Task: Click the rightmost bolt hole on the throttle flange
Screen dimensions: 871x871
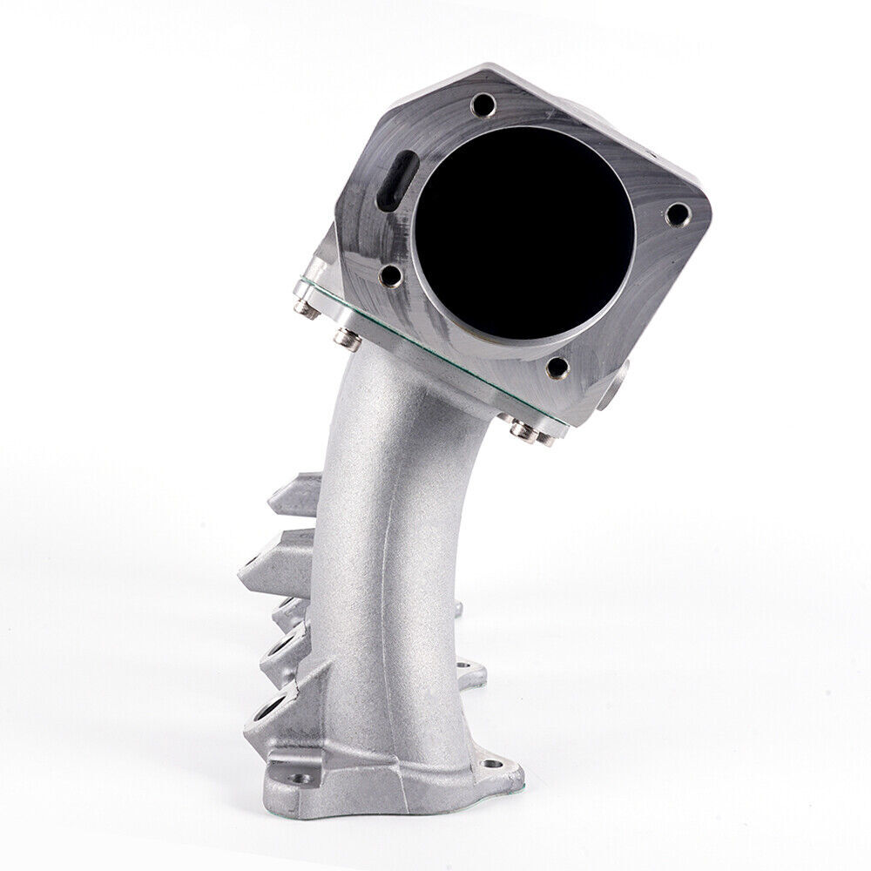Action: (677, 212)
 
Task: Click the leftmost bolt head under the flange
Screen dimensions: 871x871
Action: (303, 306)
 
